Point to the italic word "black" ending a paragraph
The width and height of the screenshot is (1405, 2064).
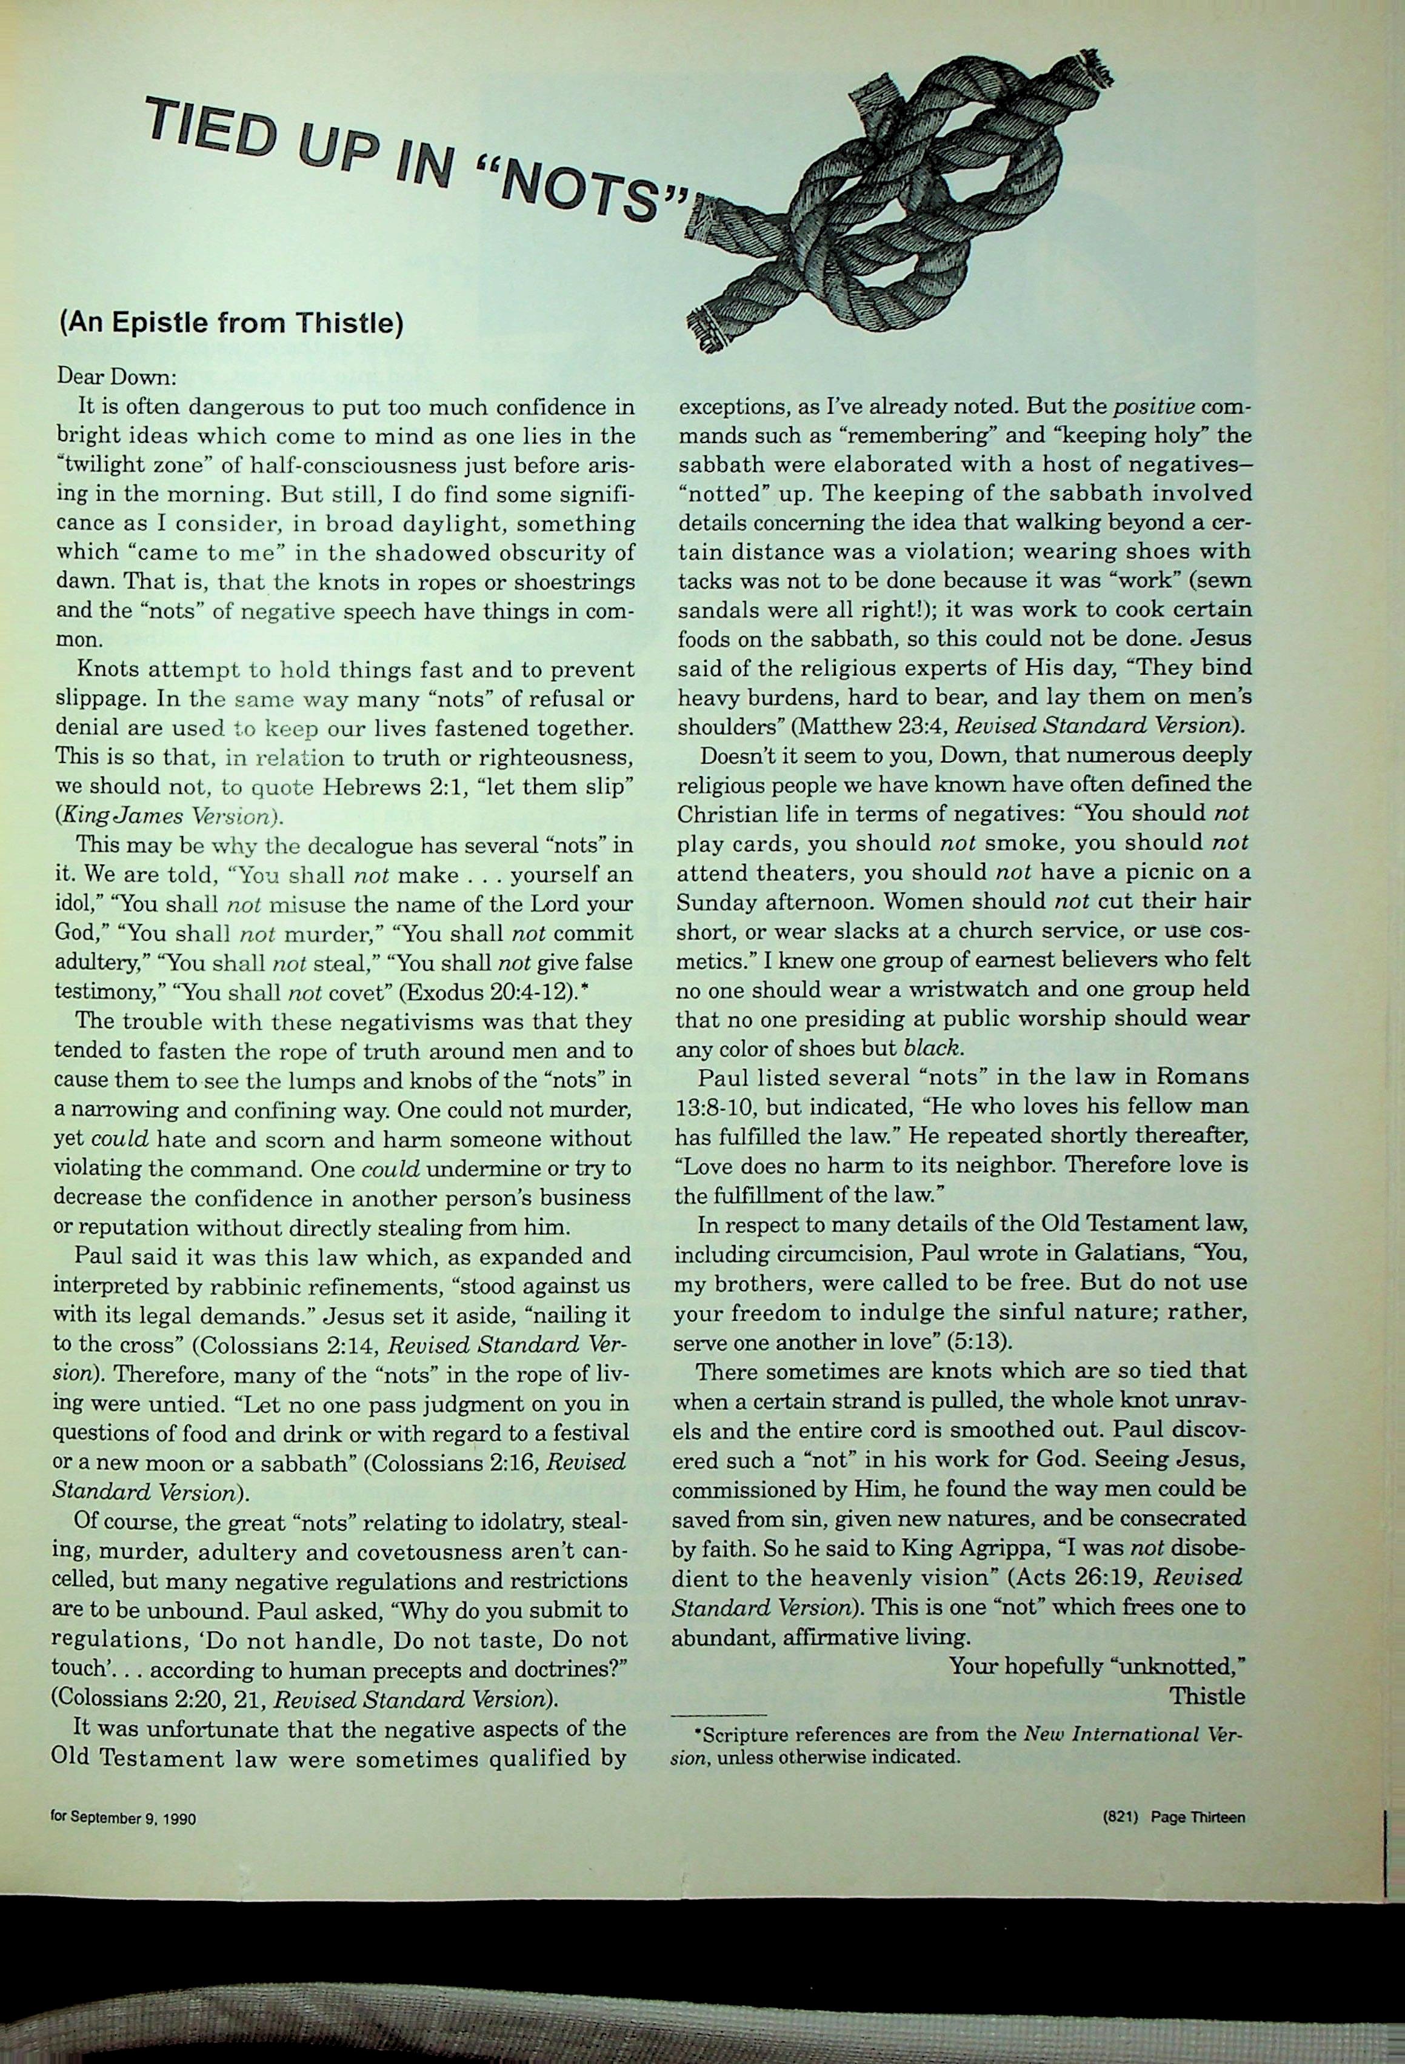932,1048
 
